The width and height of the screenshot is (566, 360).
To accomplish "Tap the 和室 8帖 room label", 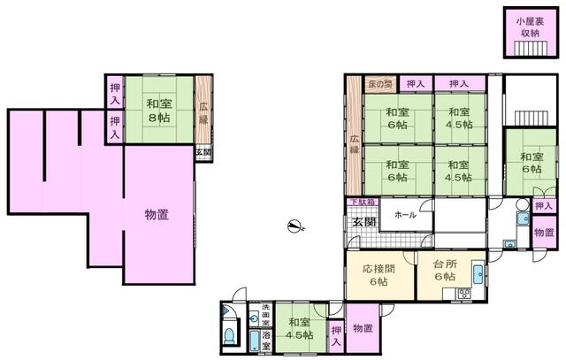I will tap(159, 109).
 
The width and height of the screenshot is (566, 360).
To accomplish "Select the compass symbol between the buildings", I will tap(295, 226).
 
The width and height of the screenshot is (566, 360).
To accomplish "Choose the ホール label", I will tap(405, 215).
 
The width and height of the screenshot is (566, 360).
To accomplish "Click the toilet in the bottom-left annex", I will tap(230, 336).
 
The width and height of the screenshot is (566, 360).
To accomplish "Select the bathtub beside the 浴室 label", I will tap(255, 340).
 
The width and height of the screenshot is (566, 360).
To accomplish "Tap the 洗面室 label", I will tap(265, 312).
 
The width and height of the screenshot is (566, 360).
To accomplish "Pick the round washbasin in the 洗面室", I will tap(255, 317).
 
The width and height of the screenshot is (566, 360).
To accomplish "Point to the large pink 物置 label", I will tap(157, 213).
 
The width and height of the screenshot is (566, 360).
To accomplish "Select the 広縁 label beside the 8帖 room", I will tap(203, 114).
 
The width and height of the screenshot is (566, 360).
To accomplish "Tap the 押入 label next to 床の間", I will tap(415, 84).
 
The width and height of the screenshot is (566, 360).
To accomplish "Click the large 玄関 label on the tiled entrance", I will tap(363, 221).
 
